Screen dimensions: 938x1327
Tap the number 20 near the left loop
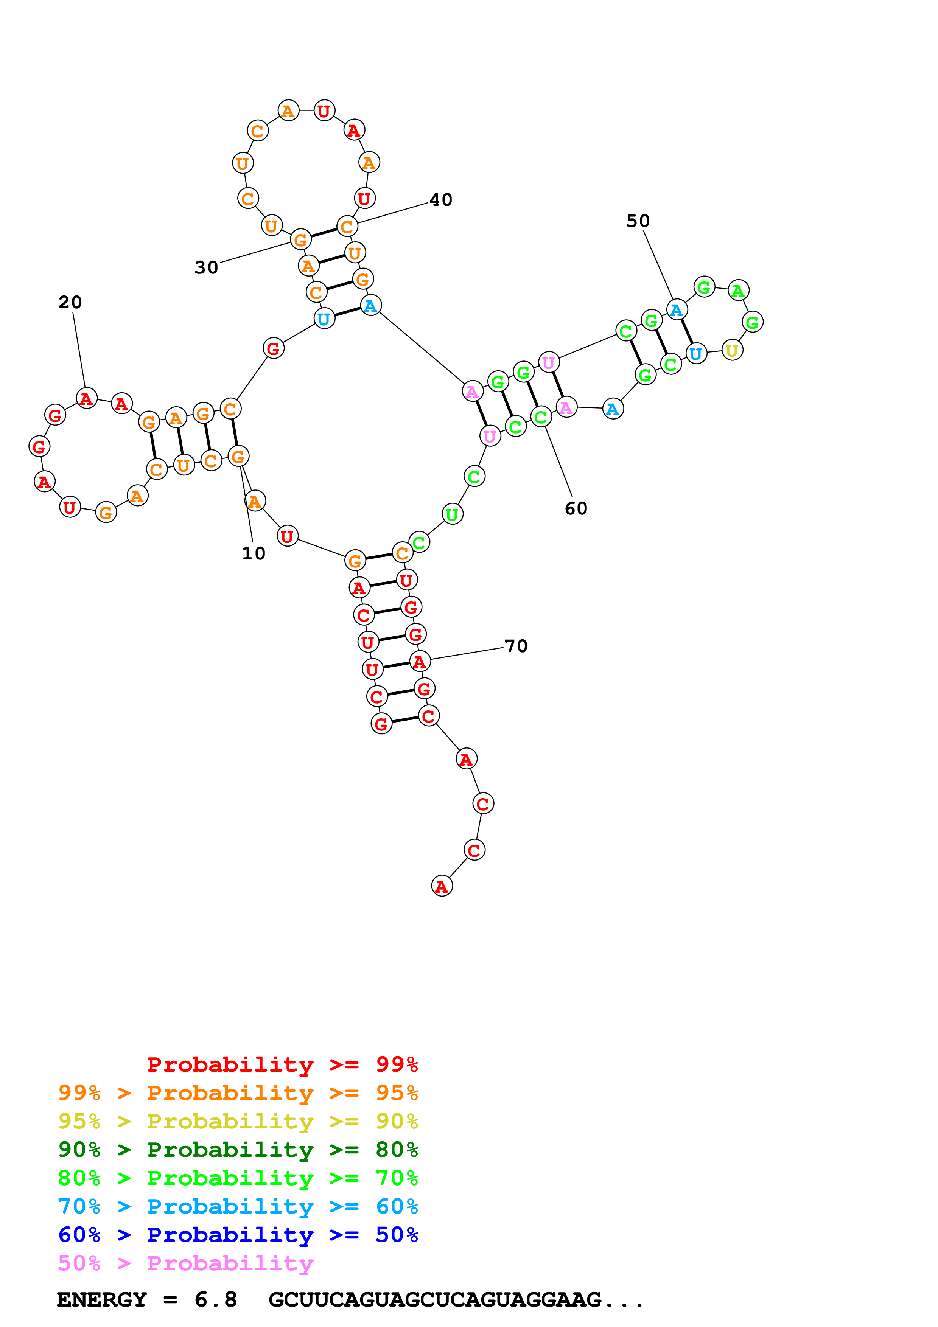coord(70,302)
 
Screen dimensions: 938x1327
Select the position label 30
coord(206,267)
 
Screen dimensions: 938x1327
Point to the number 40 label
coord(441,200)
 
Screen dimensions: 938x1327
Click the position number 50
coord(638,221)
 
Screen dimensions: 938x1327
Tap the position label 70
coord(516,646)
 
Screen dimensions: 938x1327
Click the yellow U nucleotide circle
coord(732,350)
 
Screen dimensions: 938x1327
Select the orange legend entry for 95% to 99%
coord(238,1093)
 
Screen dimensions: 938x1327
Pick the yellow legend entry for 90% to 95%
coord(238,1121)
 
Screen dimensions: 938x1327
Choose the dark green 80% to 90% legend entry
coord(238,1150)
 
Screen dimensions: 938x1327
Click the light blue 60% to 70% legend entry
coord(238,1206)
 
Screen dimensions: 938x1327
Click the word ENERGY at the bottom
coord(102,1299)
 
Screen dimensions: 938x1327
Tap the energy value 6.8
coord(216,1299)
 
